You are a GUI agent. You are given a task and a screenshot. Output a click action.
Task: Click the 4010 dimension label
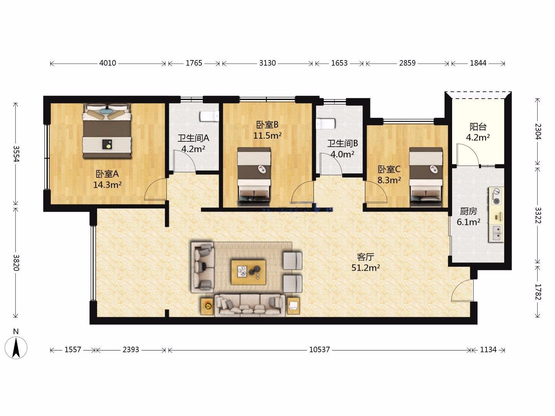(108, 63)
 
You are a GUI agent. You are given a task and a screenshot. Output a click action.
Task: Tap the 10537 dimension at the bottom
(320, 350)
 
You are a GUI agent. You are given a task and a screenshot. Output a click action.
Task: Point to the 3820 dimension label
(16, 263)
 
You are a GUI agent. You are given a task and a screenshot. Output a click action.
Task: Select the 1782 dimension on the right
(538, 292)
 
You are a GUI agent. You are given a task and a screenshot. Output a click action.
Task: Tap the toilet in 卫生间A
(209, 116)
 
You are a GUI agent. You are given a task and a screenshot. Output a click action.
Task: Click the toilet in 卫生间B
(326, 124)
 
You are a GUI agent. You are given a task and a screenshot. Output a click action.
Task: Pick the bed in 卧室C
(426, 177)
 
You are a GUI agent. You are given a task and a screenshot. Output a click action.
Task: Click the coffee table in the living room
(248, 272)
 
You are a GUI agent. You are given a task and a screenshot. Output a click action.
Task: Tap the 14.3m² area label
(108, 185)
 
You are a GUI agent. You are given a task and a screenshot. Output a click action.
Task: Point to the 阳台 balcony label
(478, 126)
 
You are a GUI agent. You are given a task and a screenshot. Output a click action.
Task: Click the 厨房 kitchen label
(469, 211)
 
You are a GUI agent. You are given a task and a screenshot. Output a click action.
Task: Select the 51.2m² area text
(366, 268)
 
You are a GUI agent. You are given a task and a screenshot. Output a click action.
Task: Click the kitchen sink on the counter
(496, 233)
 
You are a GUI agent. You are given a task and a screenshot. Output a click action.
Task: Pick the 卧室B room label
(267, 124)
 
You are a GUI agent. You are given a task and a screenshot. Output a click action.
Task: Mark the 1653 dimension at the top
(339, 63)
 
